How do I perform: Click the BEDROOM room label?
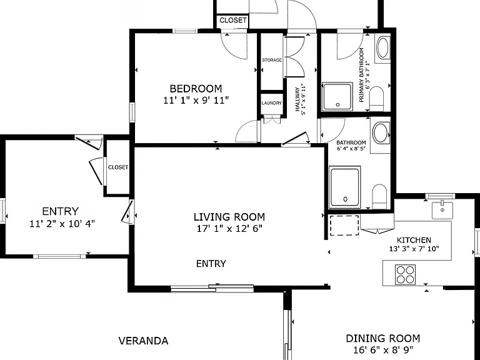(x=196, y=89)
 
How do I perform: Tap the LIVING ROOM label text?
(x=229, y=217)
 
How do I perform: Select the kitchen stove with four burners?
(x=405, y=274)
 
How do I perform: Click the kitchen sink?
(x=442, y=210)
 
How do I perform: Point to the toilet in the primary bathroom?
(x=376, y=99)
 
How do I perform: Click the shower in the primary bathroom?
(x=337, y=97)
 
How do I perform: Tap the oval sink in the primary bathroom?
(x=382, y=47)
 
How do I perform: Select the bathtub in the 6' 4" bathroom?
(x=345, y=187)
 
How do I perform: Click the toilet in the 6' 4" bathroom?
(x=379, y=196)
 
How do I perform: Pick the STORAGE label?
(x=272, y=60)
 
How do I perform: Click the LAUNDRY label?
(x=271, y=103)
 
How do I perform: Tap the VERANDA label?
(x=144, y=341)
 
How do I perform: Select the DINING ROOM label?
(x=383, y=338)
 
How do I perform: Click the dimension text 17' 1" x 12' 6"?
(x=229, y=228)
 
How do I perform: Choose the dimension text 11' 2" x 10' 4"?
(x=62, y=224)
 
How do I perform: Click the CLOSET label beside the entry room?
(x=118, y=167)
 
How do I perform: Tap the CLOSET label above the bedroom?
(x=233, y=20)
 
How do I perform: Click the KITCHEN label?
(x=414, y=240)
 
